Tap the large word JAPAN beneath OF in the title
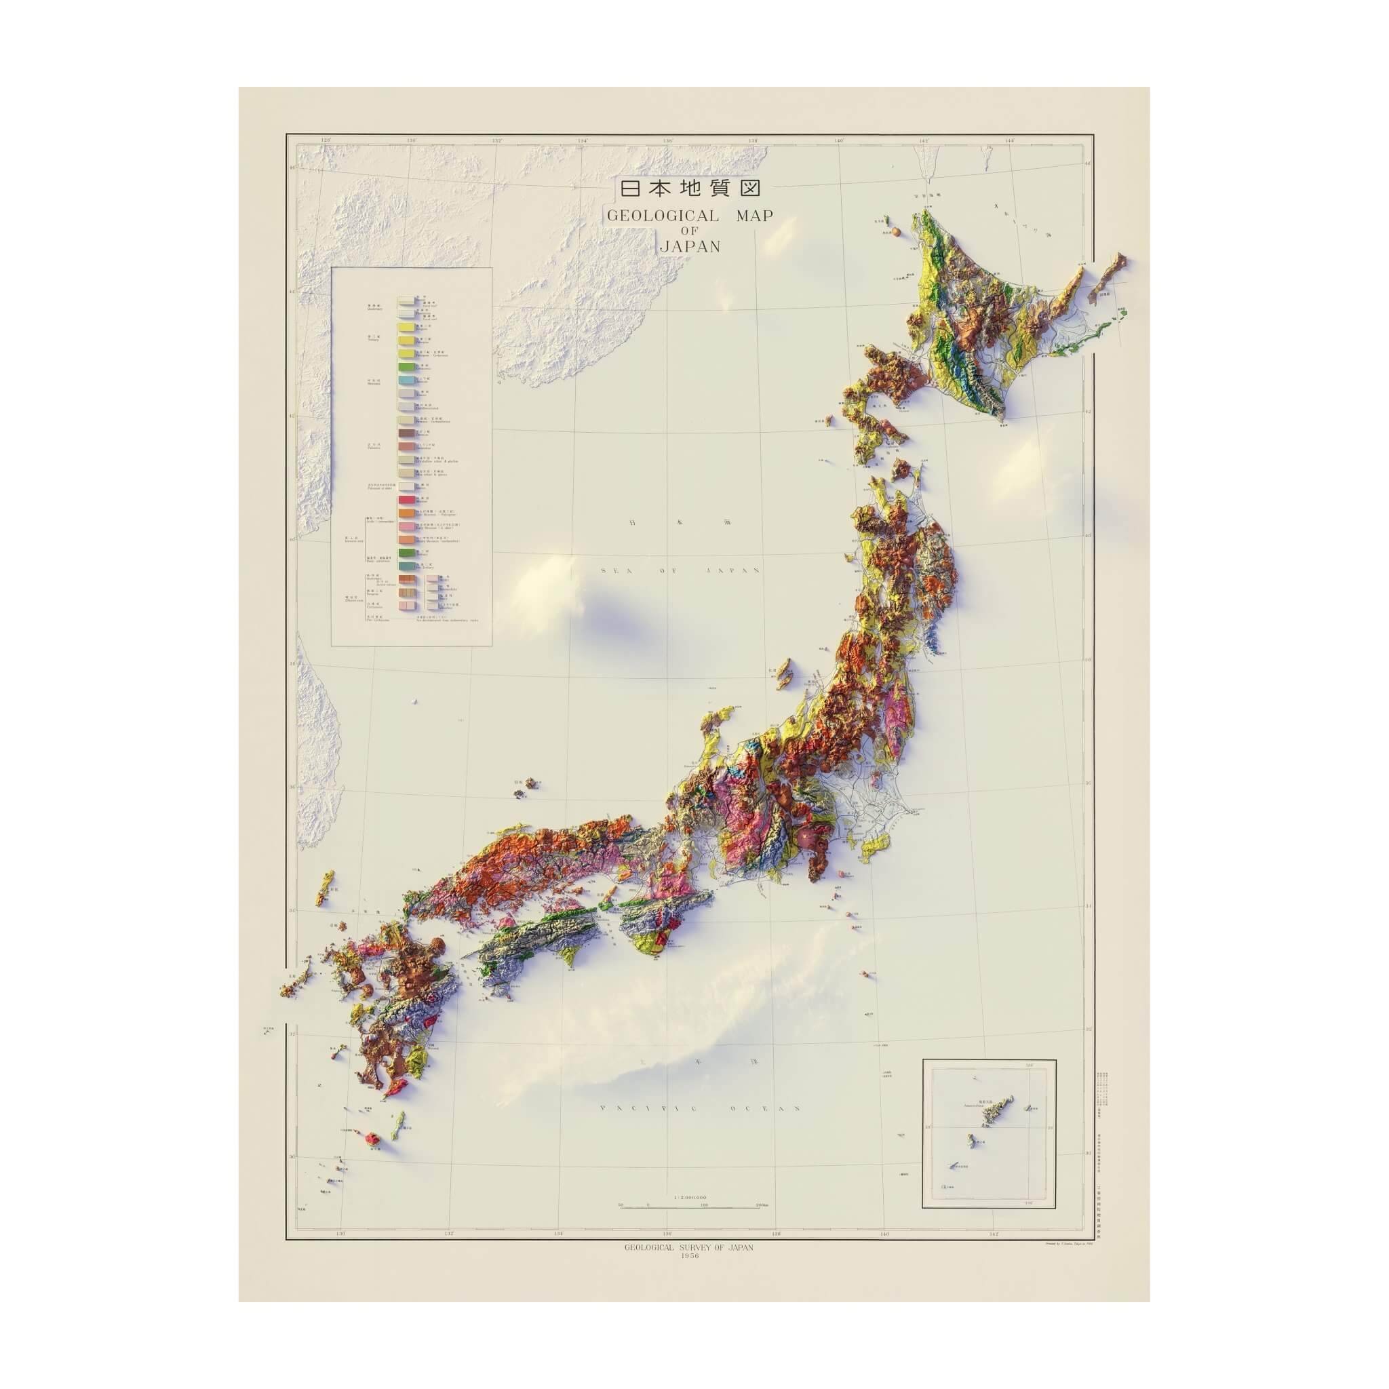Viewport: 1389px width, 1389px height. [690, 246]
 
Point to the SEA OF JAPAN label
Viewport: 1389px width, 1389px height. [680, 570]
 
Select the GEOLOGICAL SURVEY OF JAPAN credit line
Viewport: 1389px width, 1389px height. [689, 1247]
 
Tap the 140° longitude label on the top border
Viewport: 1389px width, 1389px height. [838, 141]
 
